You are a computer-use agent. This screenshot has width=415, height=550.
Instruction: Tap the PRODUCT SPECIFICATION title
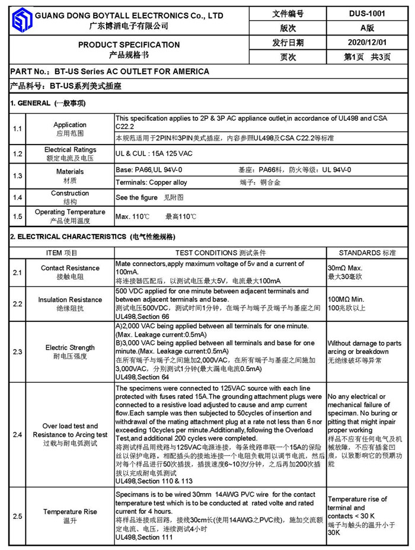tap(129, 44)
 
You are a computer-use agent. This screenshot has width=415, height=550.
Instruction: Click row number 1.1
tap(18, 129)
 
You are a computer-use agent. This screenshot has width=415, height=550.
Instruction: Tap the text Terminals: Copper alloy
tap(151, 183)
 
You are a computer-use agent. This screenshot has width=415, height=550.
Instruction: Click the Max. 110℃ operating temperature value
tap(132, 217)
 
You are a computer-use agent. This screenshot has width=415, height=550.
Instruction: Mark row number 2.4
tap(18, 435)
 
